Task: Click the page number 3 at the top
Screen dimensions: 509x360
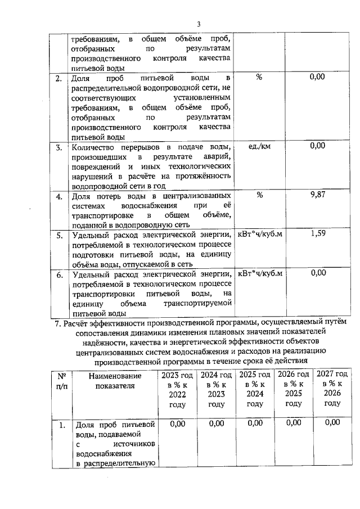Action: [199, 24]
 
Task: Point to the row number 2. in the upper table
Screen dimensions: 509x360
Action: [58, 78]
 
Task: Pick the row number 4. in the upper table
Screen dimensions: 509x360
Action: [58, 197]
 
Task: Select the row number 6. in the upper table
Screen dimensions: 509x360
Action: [58, 275]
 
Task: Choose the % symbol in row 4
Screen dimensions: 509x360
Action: [259, 195]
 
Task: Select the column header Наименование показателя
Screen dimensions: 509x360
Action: [115, 381]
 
